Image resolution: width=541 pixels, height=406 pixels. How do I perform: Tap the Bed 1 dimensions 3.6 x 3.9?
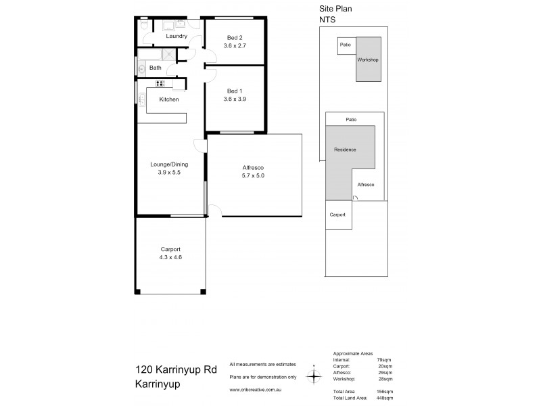(x=234, y=99)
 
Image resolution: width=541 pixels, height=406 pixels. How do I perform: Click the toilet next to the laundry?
(x=143, y=24)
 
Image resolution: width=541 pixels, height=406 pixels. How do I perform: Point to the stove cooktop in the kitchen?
(x=160, y=83)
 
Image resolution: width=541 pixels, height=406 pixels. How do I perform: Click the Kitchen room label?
(x=168, y=99)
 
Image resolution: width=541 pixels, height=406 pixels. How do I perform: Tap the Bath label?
(x=156, y=68)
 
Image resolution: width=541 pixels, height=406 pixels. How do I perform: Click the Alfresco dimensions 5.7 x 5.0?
(x=252, y=176)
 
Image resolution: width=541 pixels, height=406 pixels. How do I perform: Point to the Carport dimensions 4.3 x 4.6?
(x=170, y=257)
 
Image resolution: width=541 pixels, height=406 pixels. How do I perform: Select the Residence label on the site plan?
(x=345, y=150)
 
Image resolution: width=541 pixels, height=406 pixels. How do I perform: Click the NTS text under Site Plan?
(x=327, y=21)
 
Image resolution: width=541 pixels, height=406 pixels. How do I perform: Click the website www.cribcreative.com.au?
(x=256, y=389)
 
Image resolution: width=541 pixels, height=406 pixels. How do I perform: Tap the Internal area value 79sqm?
(x=384, y=360)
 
